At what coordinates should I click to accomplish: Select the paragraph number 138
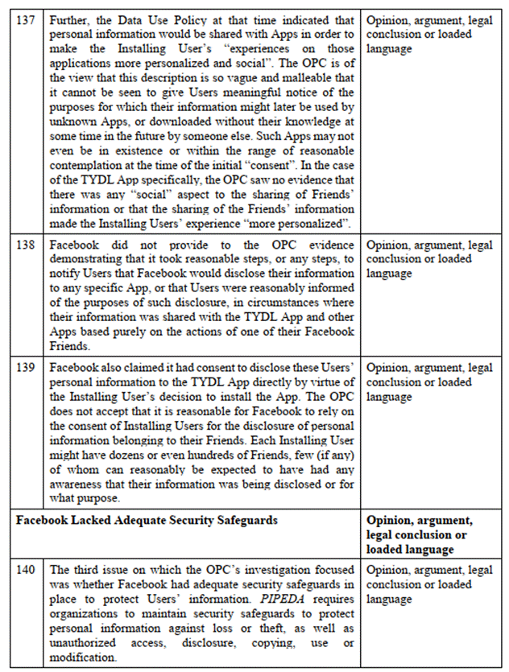point(25,245)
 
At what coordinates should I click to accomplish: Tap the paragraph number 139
point(25,369)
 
